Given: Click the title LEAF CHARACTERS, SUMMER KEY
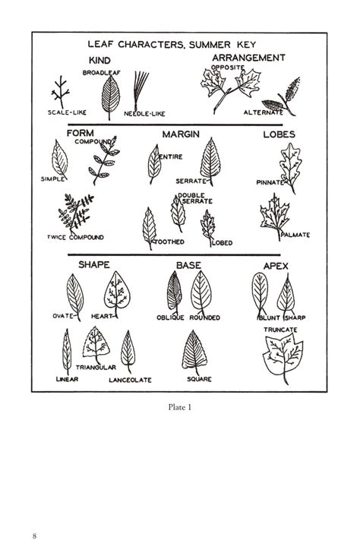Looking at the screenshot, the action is pos(180,45).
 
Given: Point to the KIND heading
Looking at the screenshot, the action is pos(100,60).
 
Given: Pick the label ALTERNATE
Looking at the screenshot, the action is pos(263,113).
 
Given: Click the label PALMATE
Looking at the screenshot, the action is pos(295,235).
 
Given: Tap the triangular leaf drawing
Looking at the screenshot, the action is pos(96,343).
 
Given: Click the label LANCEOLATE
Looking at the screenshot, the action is pos(130,379).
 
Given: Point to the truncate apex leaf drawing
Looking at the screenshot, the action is pos(283,357).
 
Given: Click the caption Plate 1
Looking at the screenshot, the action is pos(179,406).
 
